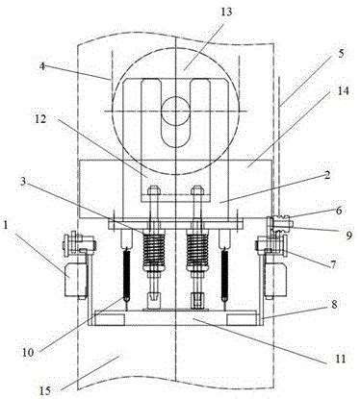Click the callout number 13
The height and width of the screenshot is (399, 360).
(226, 12)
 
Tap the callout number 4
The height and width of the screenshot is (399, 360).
(42, 66)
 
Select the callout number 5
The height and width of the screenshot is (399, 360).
(341, 54)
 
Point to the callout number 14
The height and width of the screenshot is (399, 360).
(343, 91)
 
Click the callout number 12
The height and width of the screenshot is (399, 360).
(40, 119)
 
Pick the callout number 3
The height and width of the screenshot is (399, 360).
(23, 182)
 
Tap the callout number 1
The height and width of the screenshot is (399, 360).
(6, 225)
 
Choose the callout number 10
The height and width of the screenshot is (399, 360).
(28, 353)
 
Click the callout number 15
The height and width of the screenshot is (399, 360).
(45, 391)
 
